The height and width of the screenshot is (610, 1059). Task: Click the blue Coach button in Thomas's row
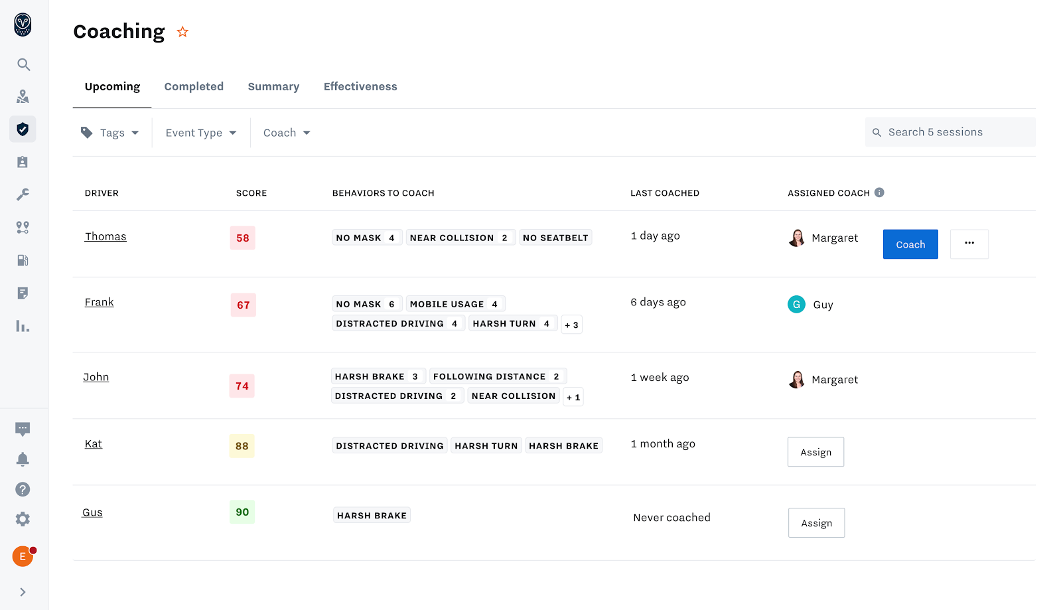tap(910, 244)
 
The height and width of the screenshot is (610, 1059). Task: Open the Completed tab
tap(194, 86)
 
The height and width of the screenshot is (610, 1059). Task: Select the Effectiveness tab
tap(360, 86)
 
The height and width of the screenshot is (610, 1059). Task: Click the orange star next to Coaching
tap(182, 32)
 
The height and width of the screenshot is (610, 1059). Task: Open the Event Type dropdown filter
tap(200, 133)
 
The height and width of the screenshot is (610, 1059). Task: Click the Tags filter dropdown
tap(110, 133)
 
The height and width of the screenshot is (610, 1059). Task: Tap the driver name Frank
tap(99, 302)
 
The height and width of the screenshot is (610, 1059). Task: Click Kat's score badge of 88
tap(242, 446)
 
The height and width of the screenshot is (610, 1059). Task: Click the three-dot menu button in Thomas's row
tap(969, 244)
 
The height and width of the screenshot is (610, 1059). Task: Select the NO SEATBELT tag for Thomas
tap(555, 238)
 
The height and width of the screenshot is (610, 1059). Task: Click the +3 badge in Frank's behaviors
tap(571, 325)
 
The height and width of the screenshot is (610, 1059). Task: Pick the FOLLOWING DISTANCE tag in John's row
tap(497, 376)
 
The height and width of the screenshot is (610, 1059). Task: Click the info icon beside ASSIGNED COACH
tap(879, 192)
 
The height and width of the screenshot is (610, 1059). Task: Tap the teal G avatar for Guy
tap(796, 304)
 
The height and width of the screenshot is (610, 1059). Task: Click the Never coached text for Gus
tap(671, 518)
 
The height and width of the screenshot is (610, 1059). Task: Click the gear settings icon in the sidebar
tap(23, 519)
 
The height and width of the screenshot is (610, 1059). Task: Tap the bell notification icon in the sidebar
tap(23, 459)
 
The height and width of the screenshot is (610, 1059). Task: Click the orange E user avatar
tap(23, 556)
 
